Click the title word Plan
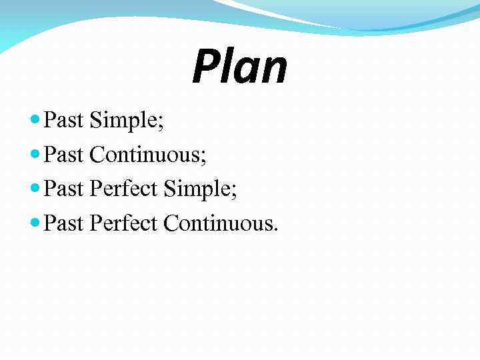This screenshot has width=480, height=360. click(239, 68)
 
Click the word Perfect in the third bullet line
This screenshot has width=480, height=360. click(125, 189)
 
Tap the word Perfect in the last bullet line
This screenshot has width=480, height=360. click(125, 224)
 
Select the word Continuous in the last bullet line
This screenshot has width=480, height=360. click(217, 224)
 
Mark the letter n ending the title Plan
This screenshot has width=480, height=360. click(274, 72)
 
